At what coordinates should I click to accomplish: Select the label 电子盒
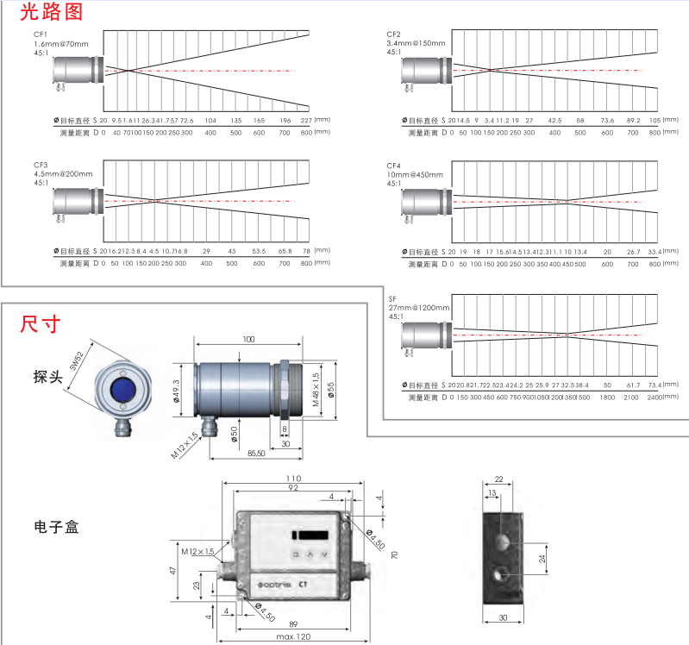pyautogui.click(x=56, y=526)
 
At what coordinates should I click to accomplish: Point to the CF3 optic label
pyautogui.click(x=41, y=165)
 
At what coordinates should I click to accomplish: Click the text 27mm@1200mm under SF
pyautogui.click(x=419, y=307)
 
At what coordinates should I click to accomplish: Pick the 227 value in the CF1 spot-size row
pyautogui.click(x=306, y=120)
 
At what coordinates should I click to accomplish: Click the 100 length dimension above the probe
pyautogui.click(x=248, y=341)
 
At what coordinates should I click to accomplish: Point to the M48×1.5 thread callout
pyautogui.click(x=316, y=388)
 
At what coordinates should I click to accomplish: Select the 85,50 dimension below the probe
pyautogui.click(x=255, y=453)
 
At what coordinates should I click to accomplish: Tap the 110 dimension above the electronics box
pyautogui.click(x=294, y=479)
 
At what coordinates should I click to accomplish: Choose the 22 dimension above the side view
pyautogui.click(x=498, y=479)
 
